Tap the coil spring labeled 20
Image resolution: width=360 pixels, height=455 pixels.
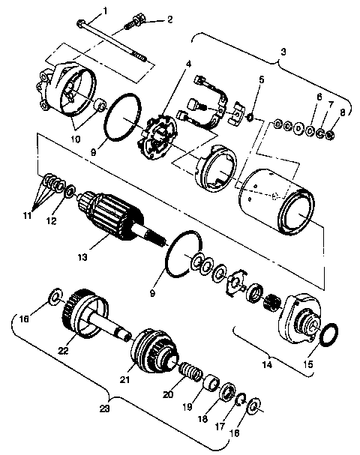pyautogui.click(x=190, y=370)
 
